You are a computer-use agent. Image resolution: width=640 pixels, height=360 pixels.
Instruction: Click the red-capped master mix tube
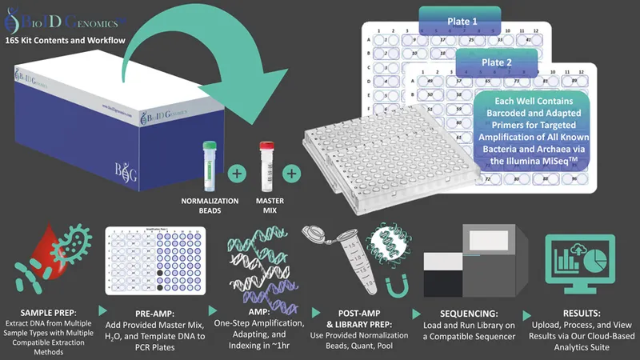coord(266,162)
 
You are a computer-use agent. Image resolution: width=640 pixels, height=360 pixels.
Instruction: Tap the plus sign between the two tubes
coord(237,171)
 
